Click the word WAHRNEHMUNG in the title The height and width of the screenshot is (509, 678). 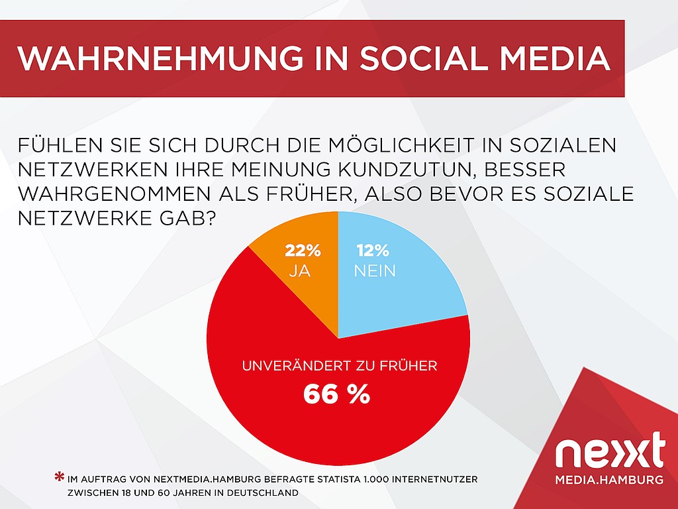[160, 58]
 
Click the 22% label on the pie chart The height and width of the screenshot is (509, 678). [303, 251]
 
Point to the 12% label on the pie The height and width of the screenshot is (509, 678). [373, 251]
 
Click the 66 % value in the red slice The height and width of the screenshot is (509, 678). [337, 394]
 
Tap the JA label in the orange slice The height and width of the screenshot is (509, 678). [300, 271]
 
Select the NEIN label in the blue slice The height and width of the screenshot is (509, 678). [375, 271]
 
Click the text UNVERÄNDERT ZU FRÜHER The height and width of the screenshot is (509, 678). [340, 366]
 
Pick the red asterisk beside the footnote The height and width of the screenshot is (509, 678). [59, 477]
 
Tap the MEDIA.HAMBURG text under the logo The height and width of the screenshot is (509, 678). [609, 480]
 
